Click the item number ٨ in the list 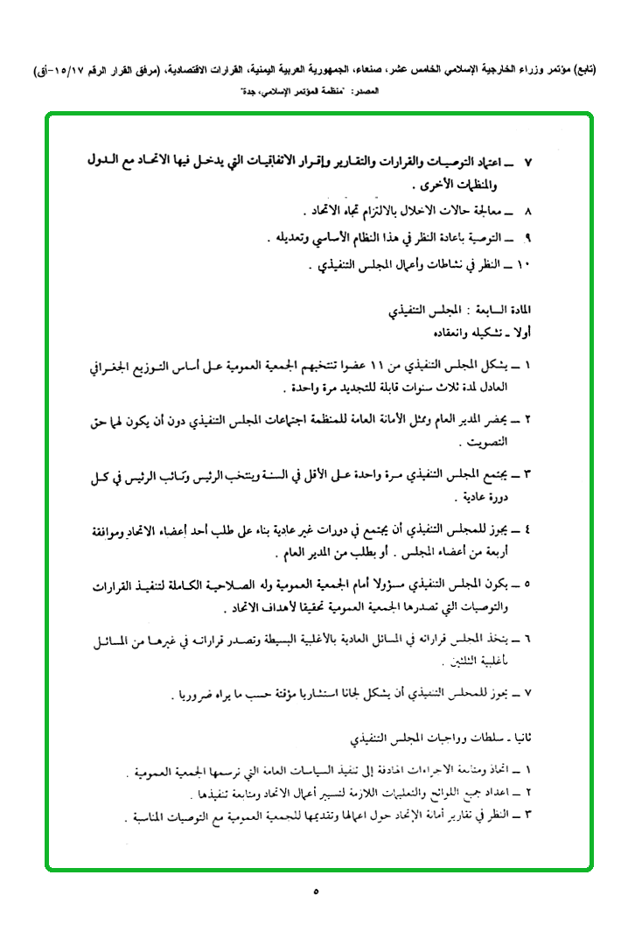click(527, 213)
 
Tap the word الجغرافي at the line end click(121, 366)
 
